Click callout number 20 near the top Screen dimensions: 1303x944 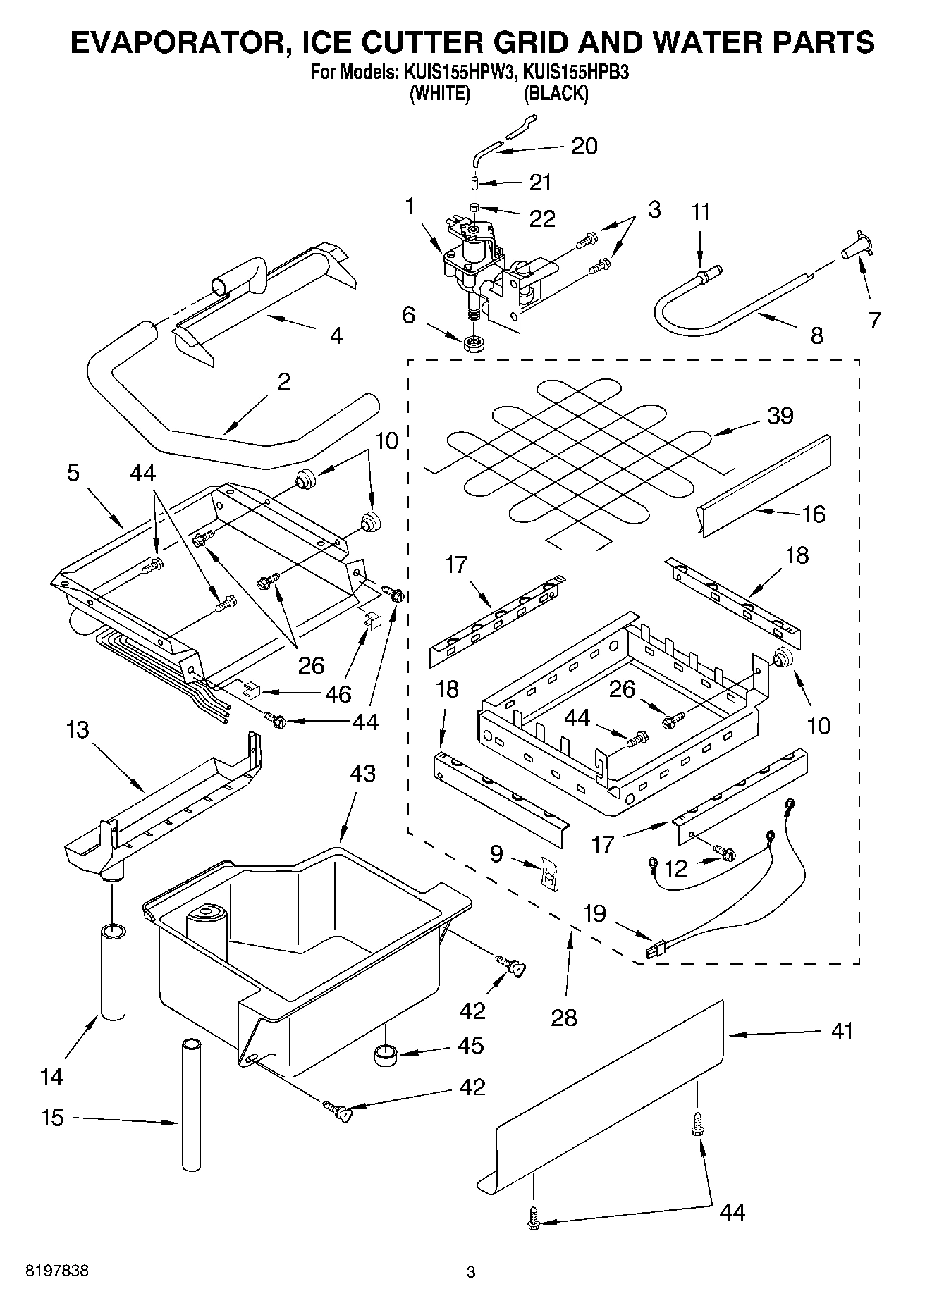[x=584, y=146]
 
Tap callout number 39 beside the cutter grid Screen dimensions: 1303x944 [x=780, y=416]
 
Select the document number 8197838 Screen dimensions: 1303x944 [x=57, y=1271]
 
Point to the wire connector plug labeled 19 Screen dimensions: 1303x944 [x=655, y=951]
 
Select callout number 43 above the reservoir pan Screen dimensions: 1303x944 [x=362, y=774]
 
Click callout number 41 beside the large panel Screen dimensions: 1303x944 [x=842, y=1032]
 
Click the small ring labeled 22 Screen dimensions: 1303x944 [x=475, y=209]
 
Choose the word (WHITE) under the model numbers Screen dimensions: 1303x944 [x=440, y=93]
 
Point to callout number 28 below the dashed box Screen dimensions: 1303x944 [x=565, y=1017]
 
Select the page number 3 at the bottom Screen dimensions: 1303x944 [x=471, y=1272]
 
